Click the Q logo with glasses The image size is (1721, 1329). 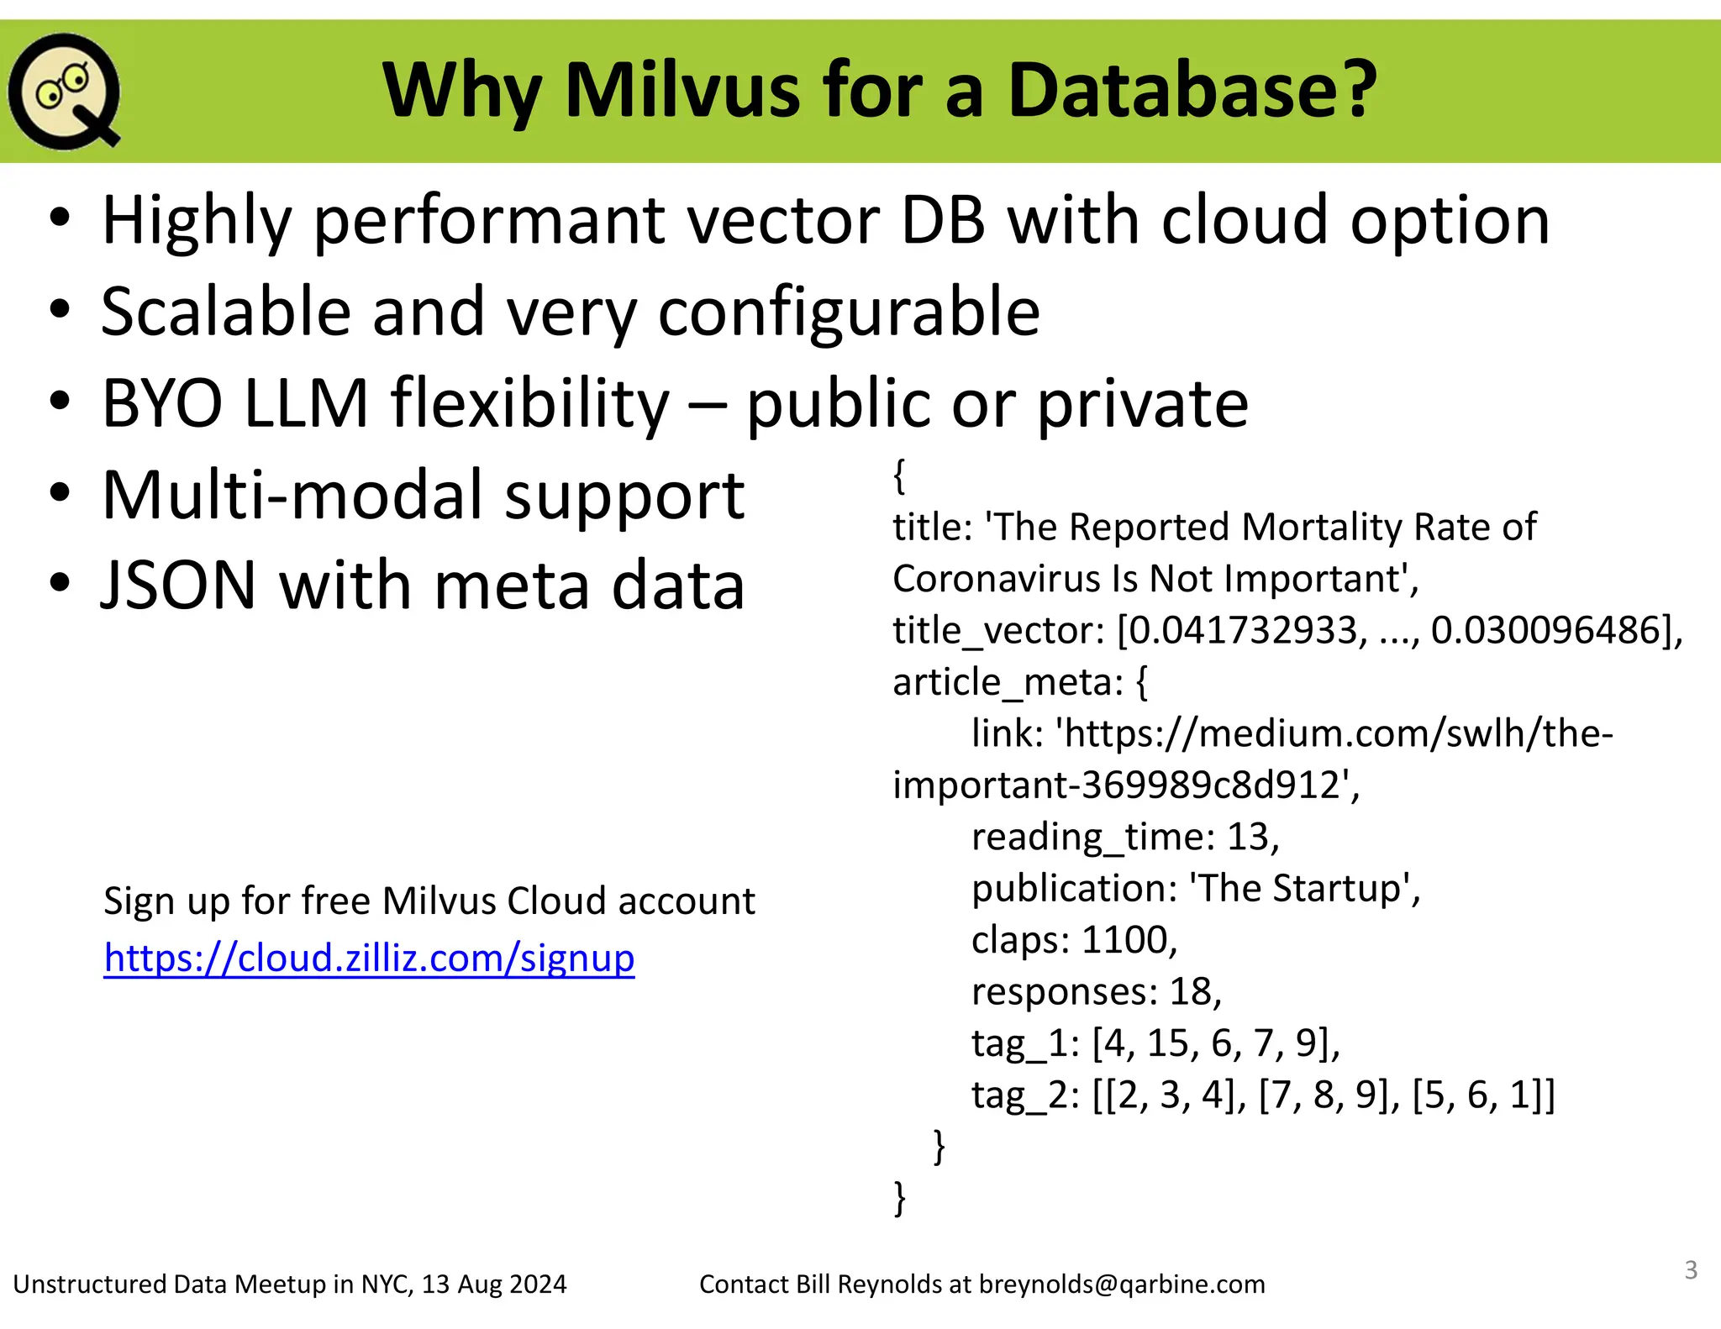pos(64,91)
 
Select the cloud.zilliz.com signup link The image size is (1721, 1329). pos(369,958)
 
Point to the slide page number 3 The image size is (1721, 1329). pos(1691,1269)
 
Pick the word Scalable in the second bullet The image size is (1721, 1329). pos(225,312)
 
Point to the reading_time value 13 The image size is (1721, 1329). pos(1247,837)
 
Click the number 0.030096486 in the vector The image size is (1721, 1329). pos(1545,631)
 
